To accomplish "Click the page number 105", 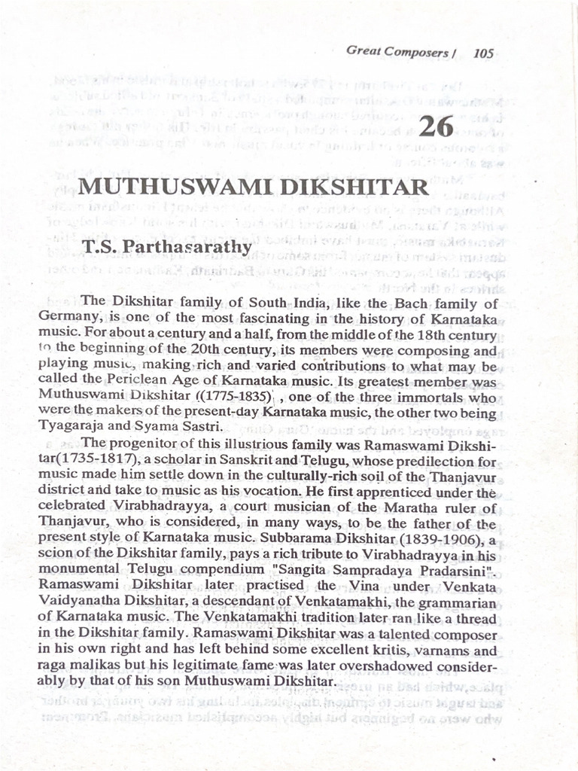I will [484, 53].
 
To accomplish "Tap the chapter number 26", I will [436, 126].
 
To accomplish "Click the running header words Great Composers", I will [397, 52].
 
